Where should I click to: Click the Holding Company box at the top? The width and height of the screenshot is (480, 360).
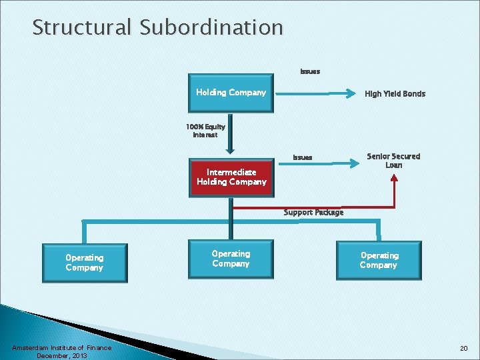(231, 93)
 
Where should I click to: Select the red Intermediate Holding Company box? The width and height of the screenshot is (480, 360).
(231, 177)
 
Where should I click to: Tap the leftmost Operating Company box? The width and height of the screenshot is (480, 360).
(84, 263)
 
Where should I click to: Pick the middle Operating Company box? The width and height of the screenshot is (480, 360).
(231, 259)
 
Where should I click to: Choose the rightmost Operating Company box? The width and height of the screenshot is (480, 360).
(378, 260)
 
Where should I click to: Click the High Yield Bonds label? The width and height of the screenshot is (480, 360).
(395, 94)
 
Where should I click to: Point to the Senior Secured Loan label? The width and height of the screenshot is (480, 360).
(393, 161)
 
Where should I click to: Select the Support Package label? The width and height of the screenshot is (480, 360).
(313, 212)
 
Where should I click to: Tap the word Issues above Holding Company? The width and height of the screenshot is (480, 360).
(310, 71)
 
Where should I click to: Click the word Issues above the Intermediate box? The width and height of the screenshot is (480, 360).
(302, 157)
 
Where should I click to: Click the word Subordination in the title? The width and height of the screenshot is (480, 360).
(211, 27)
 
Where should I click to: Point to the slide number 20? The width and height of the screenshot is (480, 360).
(463, 349)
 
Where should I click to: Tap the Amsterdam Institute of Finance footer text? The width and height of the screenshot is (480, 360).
(62, 347)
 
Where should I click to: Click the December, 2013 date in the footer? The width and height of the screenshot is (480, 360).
(62, 355)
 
